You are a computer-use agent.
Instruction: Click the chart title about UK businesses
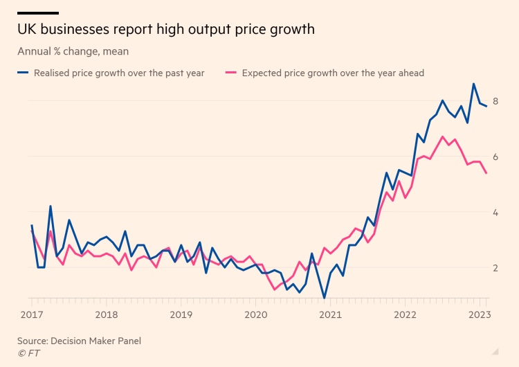(x=166, y=29)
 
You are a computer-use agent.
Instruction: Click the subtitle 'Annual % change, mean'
(x=73, y=51)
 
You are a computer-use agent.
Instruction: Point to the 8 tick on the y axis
(x=495, y=102)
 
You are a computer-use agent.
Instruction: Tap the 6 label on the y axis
(x=495, y=157)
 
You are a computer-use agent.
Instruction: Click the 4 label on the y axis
(x=495, y=213)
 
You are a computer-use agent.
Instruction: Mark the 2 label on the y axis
(x=495, y=268)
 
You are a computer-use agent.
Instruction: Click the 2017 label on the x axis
(x=31, y=315)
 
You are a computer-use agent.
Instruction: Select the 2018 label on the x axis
(x=106, y=315)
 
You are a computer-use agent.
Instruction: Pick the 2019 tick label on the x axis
(x=181, y=315)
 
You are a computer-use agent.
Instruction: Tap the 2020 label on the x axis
(x=255, y=315)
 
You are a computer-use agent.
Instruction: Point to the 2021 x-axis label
(x=330, y=315)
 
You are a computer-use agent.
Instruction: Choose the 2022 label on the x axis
(x=405, y=315)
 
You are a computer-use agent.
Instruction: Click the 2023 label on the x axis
(x=480, y=315)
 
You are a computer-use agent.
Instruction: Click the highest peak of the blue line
(x=473, y=84)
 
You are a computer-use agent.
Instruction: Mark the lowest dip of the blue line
(x=325, y=298)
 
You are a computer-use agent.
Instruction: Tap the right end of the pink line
(x=486, y=173)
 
